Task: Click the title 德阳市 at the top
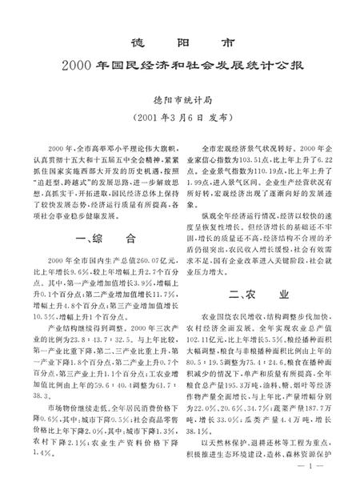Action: (180, 42)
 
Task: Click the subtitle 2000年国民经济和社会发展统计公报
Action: (180, 66)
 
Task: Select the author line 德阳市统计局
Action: (180, 102)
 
